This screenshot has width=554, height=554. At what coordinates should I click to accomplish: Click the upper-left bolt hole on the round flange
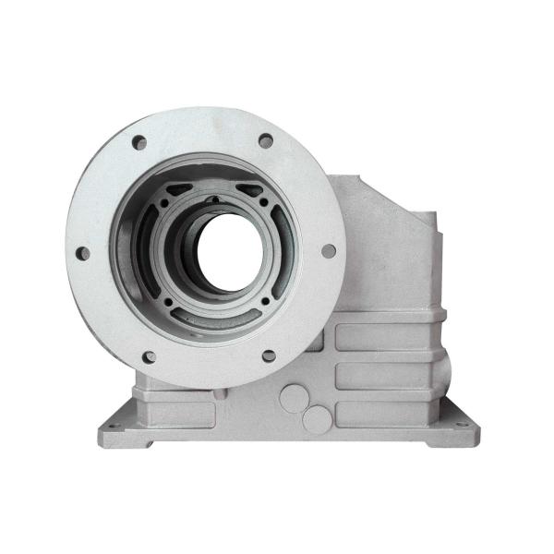[139, 143]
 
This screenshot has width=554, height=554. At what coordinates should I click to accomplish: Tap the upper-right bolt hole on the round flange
[266, 141]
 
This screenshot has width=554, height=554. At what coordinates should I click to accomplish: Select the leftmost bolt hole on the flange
[82, 253]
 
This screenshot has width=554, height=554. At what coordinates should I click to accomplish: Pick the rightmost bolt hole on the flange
[329, 250]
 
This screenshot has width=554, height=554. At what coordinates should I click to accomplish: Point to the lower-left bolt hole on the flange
[149, 356]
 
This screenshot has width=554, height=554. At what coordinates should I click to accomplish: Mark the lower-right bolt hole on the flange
[269, 355]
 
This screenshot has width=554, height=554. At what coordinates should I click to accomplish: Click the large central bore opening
[227, 251]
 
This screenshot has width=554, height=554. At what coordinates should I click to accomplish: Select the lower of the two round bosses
[317, 420]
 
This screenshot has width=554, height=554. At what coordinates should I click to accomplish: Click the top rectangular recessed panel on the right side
[388, 337]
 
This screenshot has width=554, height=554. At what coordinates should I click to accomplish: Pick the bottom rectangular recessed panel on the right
[388, 413]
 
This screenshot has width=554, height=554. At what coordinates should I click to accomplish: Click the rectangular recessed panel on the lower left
[175, 412]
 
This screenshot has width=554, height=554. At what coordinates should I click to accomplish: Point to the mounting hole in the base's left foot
[114, 427]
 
